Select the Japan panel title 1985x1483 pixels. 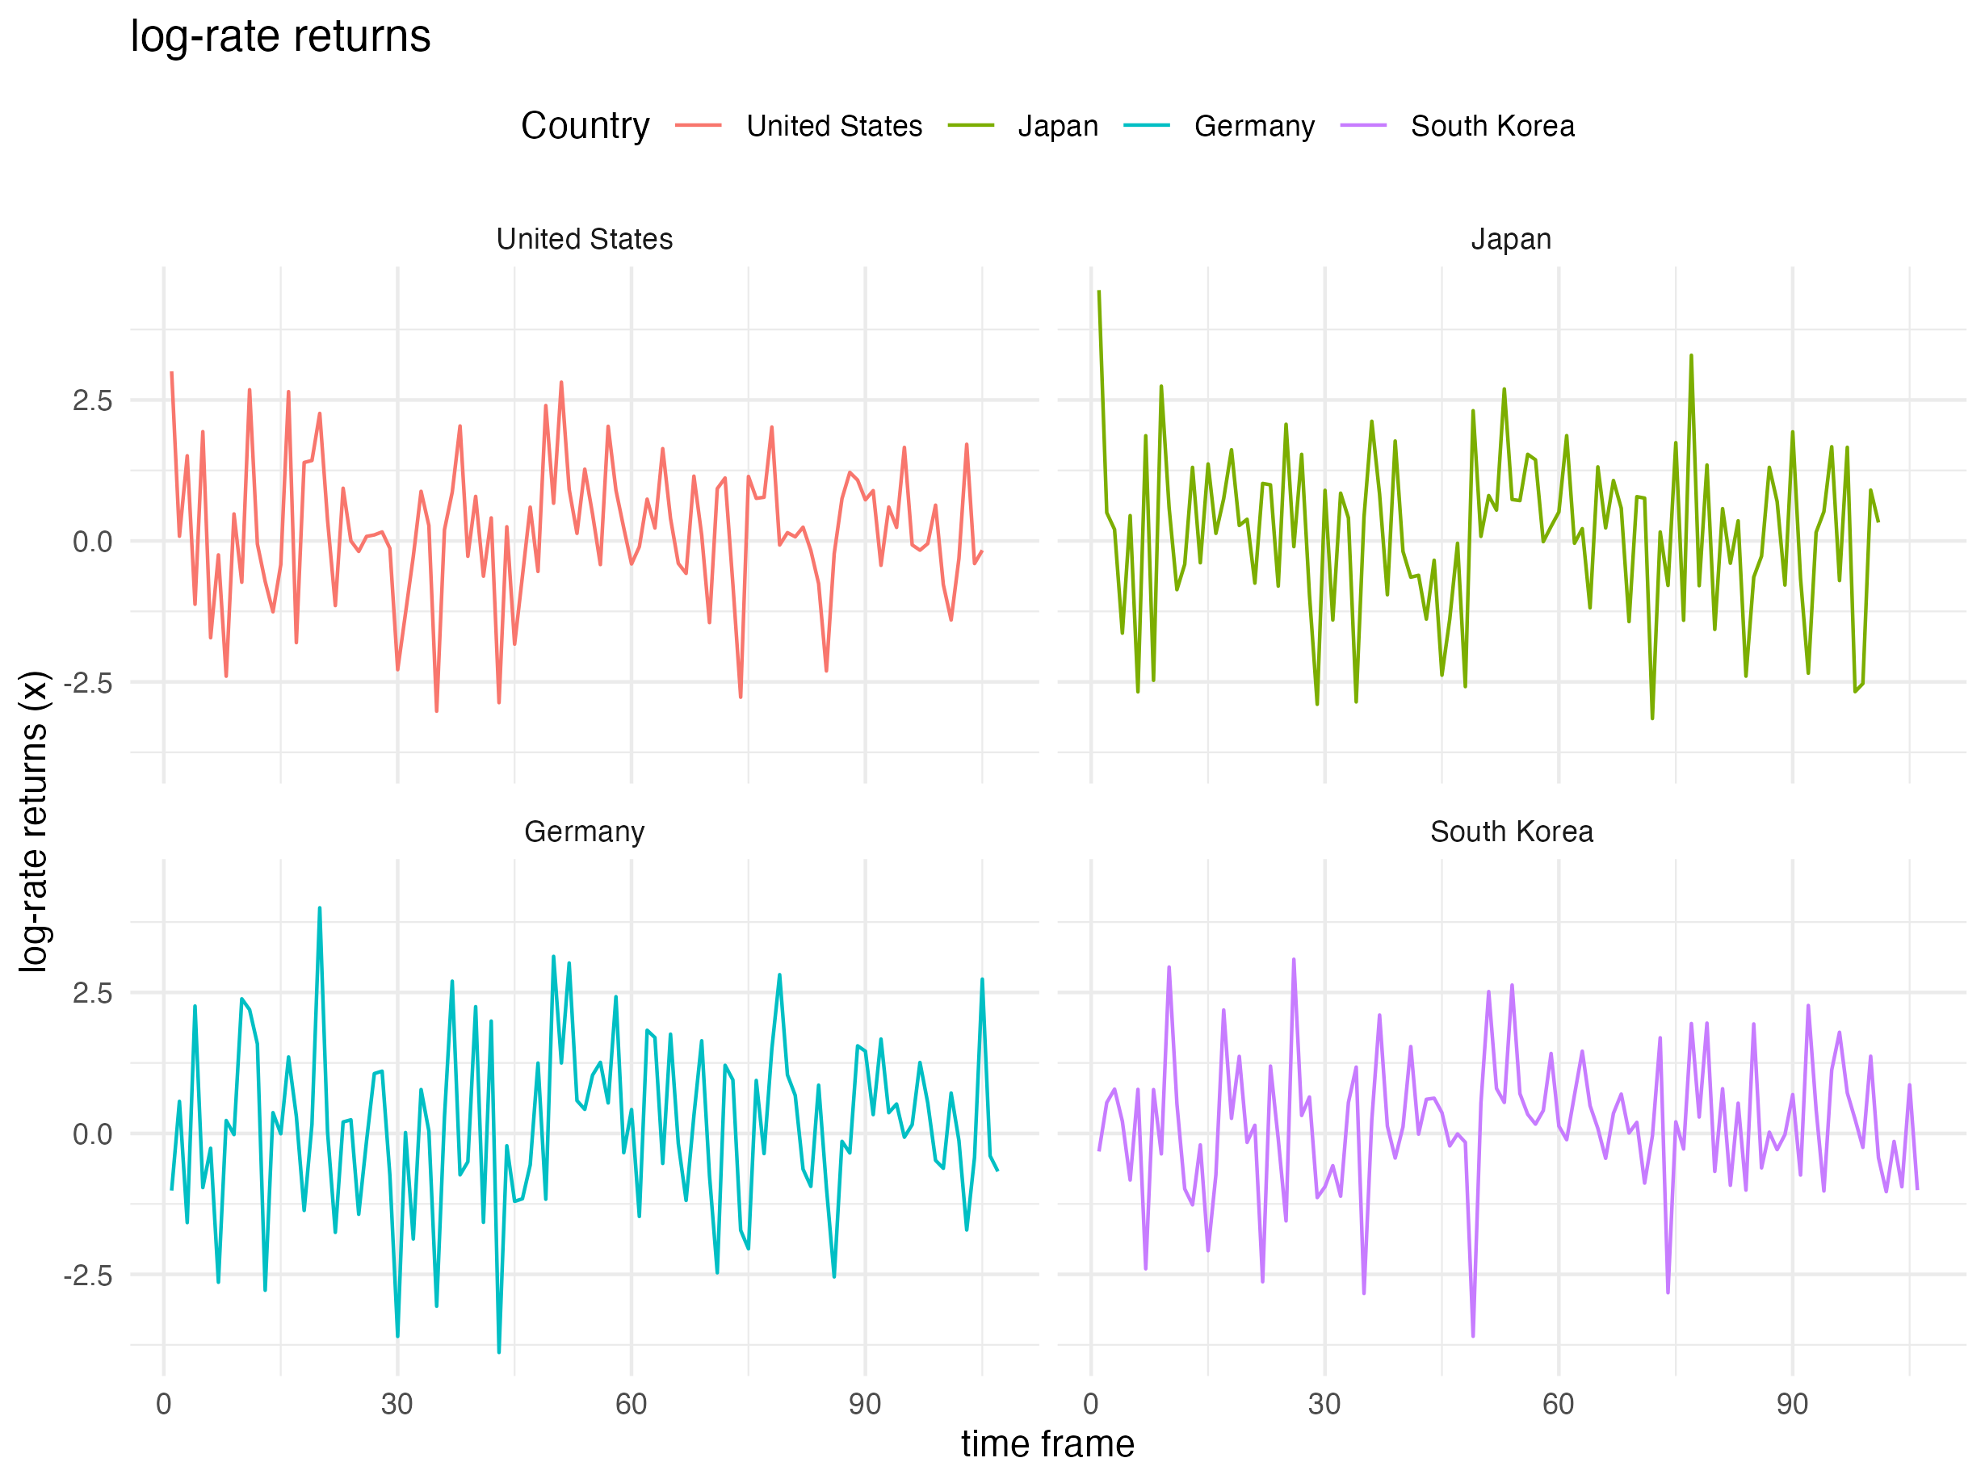tap(1511, 240)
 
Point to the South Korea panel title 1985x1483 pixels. tap(1511, 832)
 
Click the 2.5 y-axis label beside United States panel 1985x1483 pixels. tap(92, 401)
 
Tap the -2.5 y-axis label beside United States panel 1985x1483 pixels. tap(88, 684)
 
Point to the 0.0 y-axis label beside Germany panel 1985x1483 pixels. tap(92, 1135)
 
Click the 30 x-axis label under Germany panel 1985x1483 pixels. tap(397, 1404)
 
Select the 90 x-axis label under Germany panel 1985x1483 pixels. tap(865, 1404)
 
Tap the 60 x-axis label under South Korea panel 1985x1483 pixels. tap(1559, 1404)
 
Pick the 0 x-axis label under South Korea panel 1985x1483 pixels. tap(1090, 1404)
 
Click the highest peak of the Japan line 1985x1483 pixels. tap(1099, 291)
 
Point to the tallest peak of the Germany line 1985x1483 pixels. tap(320, 908)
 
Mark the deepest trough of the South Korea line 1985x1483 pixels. tap(1472, 1336)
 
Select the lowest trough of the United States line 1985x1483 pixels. tap(437, 711)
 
